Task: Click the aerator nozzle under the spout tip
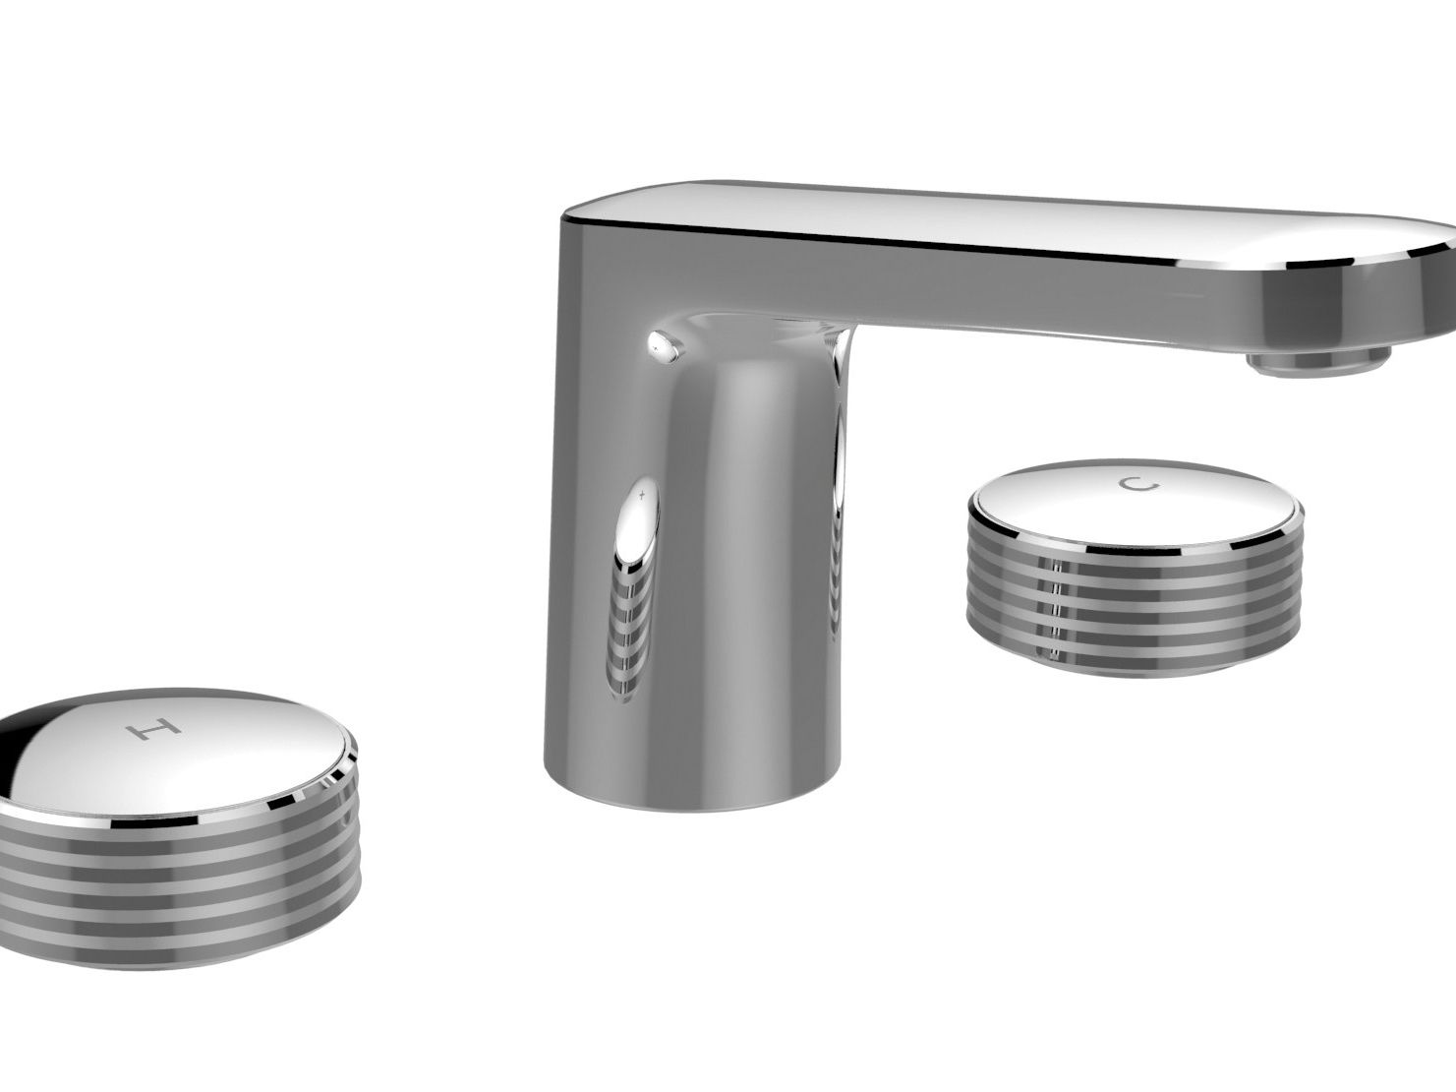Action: coord(1317,363)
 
